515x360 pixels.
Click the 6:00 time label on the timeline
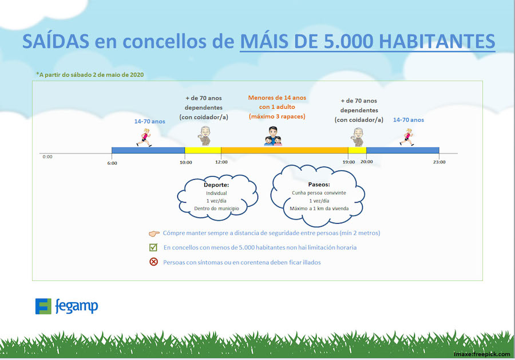tap(112, 163)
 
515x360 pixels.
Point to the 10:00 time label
tap(185, 163)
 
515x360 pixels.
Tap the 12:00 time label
tap(221, 162)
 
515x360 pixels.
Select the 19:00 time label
tap(348, 162)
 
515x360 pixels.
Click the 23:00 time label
tap(439, 162)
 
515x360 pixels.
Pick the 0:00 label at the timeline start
tap(47, 157)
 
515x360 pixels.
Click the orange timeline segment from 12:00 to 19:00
tap(284, 151)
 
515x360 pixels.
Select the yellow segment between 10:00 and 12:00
tap(203, 151)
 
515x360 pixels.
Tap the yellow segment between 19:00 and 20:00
tap(357, 151)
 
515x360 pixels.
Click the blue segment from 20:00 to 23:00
tap(403, 151)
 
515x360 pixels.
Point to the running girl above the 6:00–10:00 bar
tap(144, 137)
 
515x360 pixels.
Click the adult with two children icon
tap(273, 136)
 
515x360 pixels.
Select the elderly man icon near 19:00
tap(358, 137)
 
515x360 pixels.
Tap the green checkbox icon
tap(153, 247)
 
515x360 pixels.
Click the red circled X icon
tap(153, 262)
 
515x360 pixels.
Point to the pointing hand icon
tap(154, 234)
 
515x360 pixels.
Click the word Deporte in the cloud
tap(216, 185)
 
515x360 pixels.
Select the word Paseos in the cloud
tap(319, 185)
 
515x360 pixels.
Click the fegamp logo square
tap(43, 306)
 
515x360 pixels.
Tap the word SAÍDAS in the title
tap(56, 41)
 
